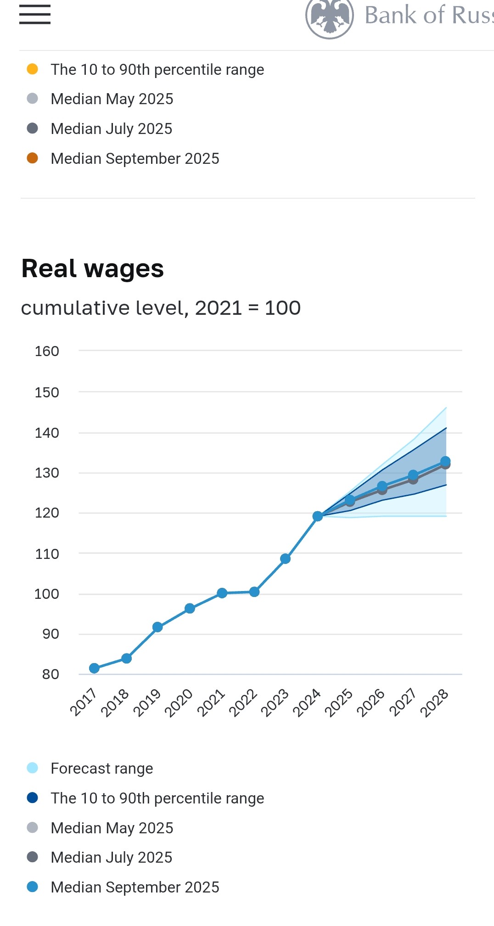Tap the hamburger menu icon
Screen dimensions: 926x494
35,14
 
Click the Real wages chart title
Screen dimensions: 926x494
93,268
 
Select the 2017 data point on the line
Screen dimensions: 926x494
94,668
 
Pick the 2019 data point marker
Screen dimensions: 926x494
157,627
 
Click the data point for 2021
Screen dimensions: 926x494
222,593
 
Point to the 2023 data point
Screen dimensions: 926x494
285,558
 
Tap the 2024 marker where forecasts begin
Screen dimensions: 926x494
317,516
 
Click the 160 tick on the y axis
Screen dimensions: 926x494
47,351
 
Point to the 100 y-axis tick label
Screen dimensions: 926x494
47,594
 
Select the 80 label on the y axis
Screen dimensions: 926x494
51,675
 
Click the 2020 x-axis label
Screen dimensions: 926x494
179,703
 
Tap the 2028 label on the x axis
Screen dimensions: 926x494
434,703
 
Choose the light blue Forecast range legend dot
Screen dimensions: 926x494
32,768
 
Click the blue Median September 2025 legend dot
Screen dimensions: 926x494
32,887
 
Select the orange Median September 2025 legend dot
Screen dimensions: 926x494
32,158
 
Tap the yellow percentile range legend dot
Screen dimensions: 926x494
32,69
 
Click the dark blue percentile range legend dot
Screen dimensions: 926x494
32,798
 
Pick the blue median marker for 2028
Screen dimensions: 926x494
445,461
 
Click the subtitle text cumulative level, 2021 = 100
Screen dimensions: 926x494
161,308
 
